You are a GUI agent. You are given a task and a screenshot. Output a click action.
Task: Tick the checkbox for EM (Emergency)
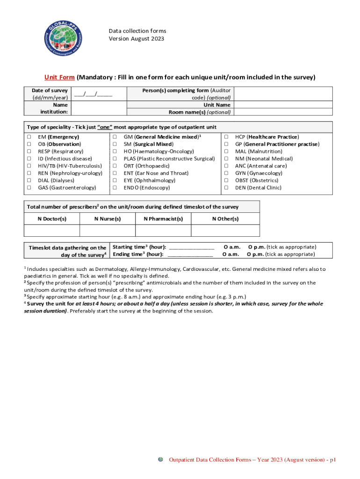click(29, 137)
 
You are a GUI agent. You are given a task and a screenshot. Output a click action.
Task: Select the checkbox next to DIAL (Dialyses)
click(29, 181)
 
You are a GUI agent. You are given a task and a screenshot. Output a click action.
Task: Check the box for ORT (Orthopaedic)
click(115, 166)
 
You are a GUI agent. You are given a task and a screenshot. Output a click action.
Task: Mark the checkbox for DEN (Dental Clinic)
click(226, 188)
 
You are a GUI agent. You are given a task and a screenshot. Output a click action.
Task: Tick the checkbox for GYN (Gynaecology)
click(226, 173)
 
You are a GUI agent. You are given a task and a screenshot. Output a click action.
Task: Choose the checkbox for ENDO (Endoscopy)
click(115, 188)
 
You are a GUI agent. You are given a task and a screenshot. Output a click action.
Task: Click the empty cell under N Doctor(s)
click(52, 231)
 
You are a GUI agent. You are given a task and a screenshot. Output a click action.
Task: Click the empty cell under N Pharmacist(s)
click(163, 231)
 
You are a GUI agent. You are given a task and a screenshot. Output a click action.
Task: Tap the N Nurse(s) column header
click(108, 219)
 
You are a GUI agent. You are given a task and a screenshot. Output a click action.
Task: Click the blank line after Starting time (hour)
click(191, 247)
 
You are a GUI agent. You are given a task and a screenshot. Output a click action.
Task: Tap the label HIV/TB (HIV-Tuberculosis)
click(70, 166)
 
